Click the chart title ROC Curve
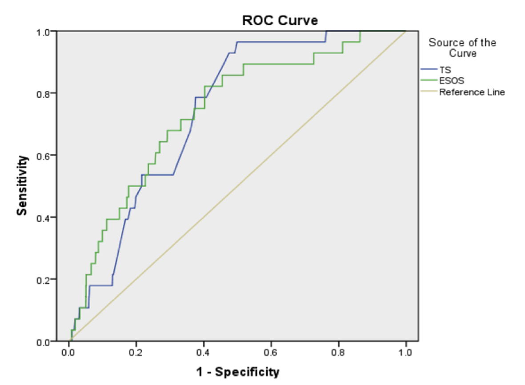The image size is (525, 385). click(280, 20)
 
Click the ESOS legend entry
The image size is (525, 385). click(449, 81)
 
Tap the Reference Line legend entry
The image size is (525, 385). click(472, 92)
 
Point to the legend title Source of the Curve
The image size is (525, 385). click(462, 48)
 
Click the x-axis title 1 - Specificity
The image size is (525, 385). click(238, 372)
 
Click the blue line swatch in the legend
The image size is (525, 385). click(429, 70)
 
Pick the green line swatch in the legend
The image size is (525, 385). click(429, 81)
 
